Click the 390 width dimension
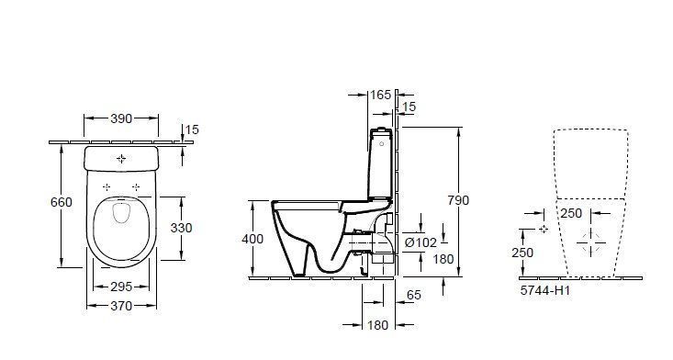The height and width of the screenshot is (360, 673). (121, 118)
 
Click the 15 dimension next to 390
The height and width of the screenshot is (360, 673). (191, 129)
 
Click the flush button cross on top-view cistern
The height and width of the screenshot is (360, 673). (122, 159)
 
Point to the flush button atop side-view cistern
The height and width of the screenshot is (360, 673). (382, 129)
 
